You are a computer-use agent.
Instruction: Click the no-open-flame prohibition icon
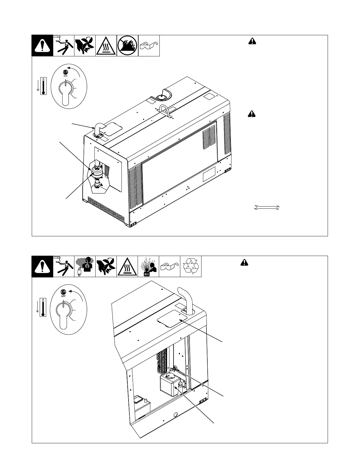pos(127,46)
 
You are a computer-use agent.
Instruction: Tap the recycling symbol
pos(191,266)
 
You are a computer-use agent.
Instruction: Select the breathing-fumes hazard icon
pos(85,266)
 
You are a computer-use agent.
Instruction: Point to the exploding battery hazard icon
pos(148,266)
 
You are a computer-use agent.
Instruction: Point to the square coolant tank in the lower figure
pos(169,385)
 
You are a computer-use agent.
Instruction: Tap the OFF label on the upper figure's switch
pos(66,76)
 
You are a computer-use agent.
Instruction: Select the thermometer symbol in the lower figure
pos(43,308)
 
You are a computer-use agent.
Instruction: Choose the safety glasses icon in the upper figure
pos(149,46)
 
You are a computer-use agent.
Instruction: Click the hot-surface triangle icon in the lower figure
pos(127,266)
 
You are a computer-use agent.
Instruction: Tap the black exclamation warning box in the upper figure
pos(42,46)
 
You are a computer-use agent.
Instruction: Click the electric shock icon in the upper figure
pos(64,46)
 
